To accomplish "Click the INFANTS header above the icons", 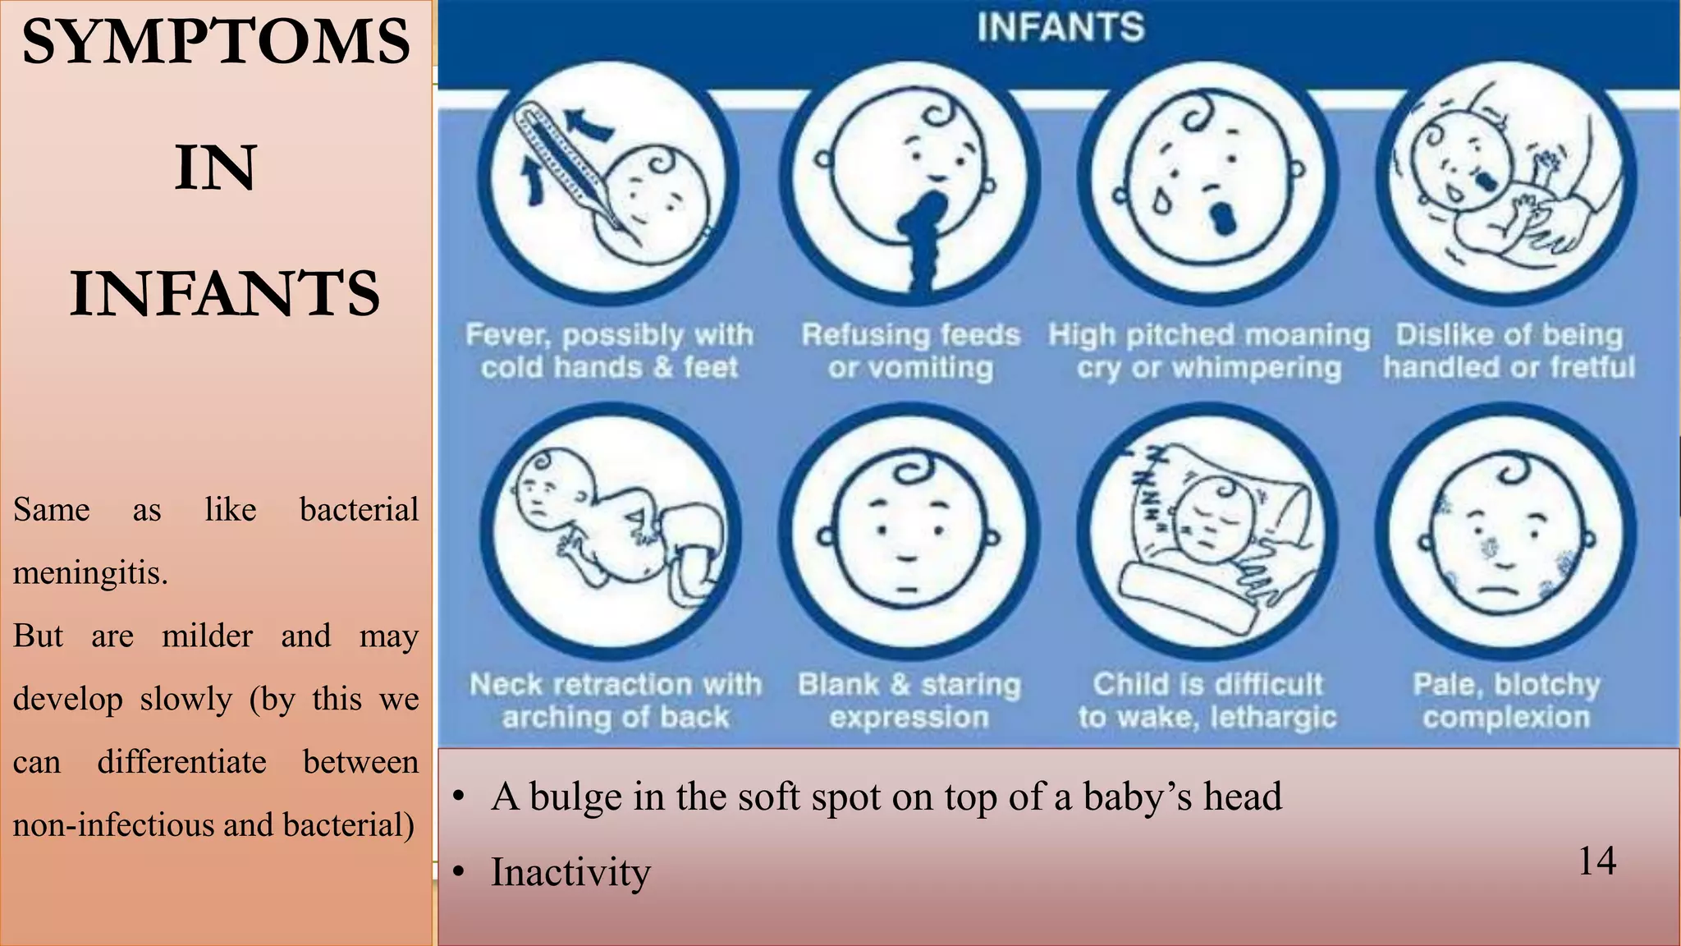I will [1060, 27].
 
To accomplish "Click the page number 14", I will [1596, 861].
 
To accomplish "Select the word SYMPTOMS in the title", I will [216, 43].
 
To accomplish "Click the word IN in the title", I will [216, 168].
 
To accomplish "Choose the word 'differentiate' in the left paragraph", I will [181, 762].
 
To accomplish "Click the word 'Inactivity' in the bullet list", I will [570, 872].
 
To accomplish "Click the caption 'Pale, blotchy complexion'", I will [1507, 700].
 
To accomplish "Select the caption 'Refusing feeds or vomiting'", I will [910, 351].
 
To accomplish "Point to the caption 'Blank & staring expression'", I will [909, 700].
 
